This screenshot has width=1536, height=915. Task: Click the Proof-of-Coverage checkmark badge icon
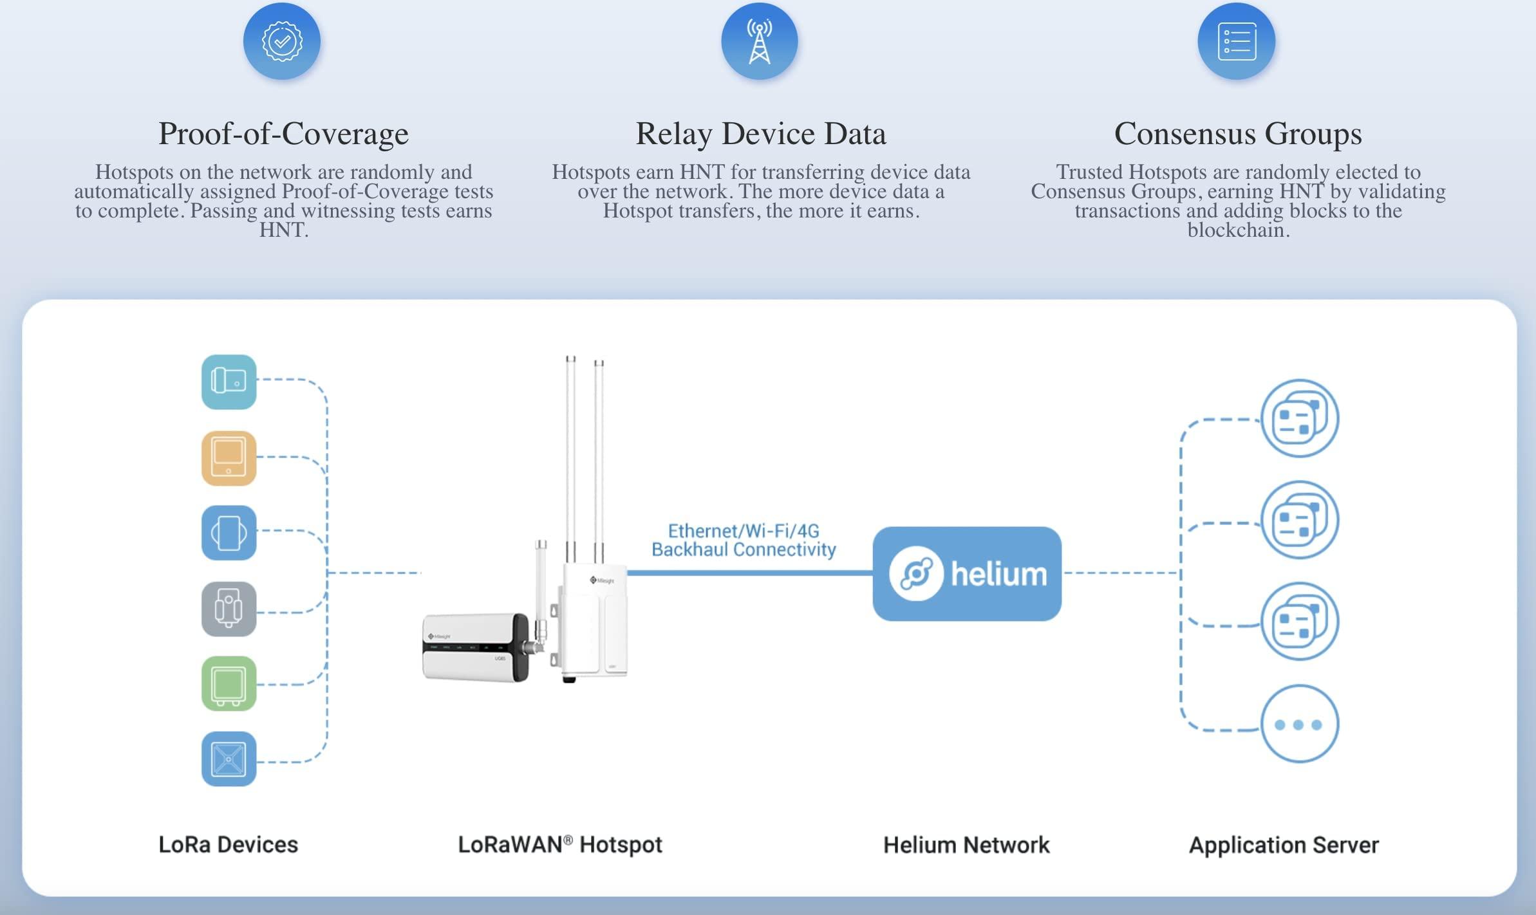pos(282,41)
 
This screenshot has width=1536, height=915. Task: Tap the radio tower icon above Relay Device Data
pos(760,41)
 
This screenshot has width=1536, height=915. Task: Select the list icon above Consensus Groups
pos(1237,41)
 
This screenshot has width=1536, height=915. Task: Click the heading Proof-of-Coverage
pos(283,134)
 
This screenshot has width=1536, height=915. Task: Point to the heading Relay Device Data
pos(761,134)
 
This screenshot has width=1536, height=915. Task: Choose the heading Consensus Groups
pos(1238,134)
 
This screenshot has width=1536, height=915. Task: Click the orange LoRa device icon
pos(229,458)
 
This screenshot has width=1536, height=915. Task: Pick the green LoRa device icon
pos(229,683)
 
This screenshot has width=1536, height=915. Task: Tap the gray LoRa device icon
pos(229,609)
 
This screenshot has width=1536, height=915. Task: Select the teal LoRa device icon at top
pos(229,382)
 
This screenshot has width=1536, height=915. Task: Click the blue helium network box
pos(967,573)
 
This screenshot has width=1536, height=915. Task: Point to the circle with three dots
pos(1299,724)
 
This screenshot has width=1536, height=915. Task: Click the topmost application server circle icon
pos(1299,418)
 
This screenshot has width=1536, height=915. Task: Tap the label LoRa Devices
pos(228,844)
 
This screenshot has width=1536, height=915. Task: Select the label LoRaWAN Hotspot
pos(559,844)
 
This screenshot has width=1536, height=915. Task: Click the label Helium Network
pos(966,844)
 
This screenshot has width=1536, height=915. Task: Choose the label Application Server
pos(1284,844)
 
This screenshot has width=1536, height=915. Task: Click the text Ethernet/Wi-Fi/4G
pos(744,531)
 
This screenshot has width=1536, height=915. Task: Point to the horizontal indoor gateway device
pos(475,647)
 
